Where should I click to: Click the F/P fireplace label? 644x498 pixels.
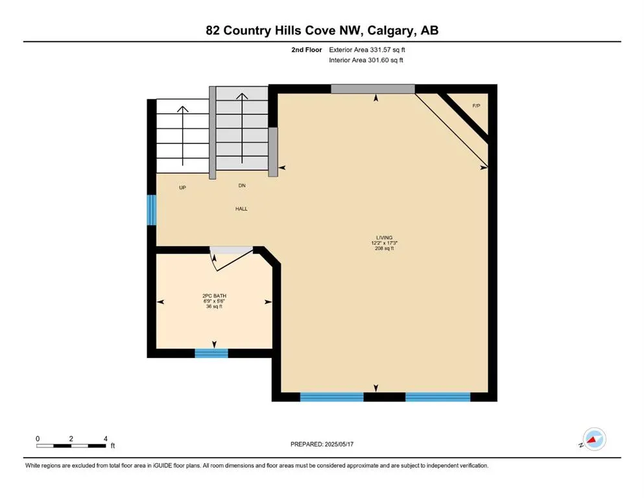coord(476,106)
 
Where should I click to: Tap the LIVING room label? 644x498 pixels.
coord(383,237)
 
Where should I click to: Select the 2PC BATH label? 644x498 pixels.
coord(213,296)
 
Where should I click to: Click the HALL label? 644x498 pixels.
coord(241,209)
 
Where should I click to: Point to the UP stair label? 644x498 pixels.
coord(182,187)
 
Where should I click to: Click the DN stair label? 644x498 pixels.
coord(241,185)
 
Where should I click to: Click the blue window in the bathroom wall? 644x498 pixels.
coord(211,353)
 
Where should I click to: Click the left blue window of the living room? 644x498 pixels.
coord(331,397)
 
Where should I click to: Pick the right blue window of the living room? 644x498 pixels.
coord(437,397)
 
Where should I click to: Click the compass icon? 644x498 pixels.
coord(594,439)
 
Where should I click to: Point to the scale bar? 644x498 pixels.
coord(71,445)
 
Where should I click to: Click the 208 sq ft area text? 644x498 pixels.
coord(383,248)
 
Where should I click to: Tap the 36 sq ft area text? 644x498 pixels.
coord(213,307)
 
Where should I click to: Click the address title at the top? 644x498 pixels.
coord(322,30)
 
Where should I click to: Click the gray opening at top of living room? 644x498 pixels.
coord(372,89)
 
